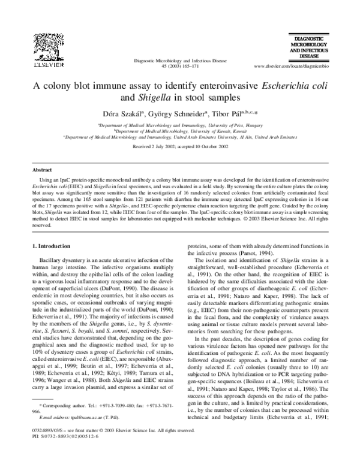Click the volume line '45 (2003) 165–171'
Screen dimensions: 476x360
click(x=179, y=66)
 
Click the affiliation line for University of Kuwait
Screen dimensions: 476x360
click(x=180, y=131)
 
